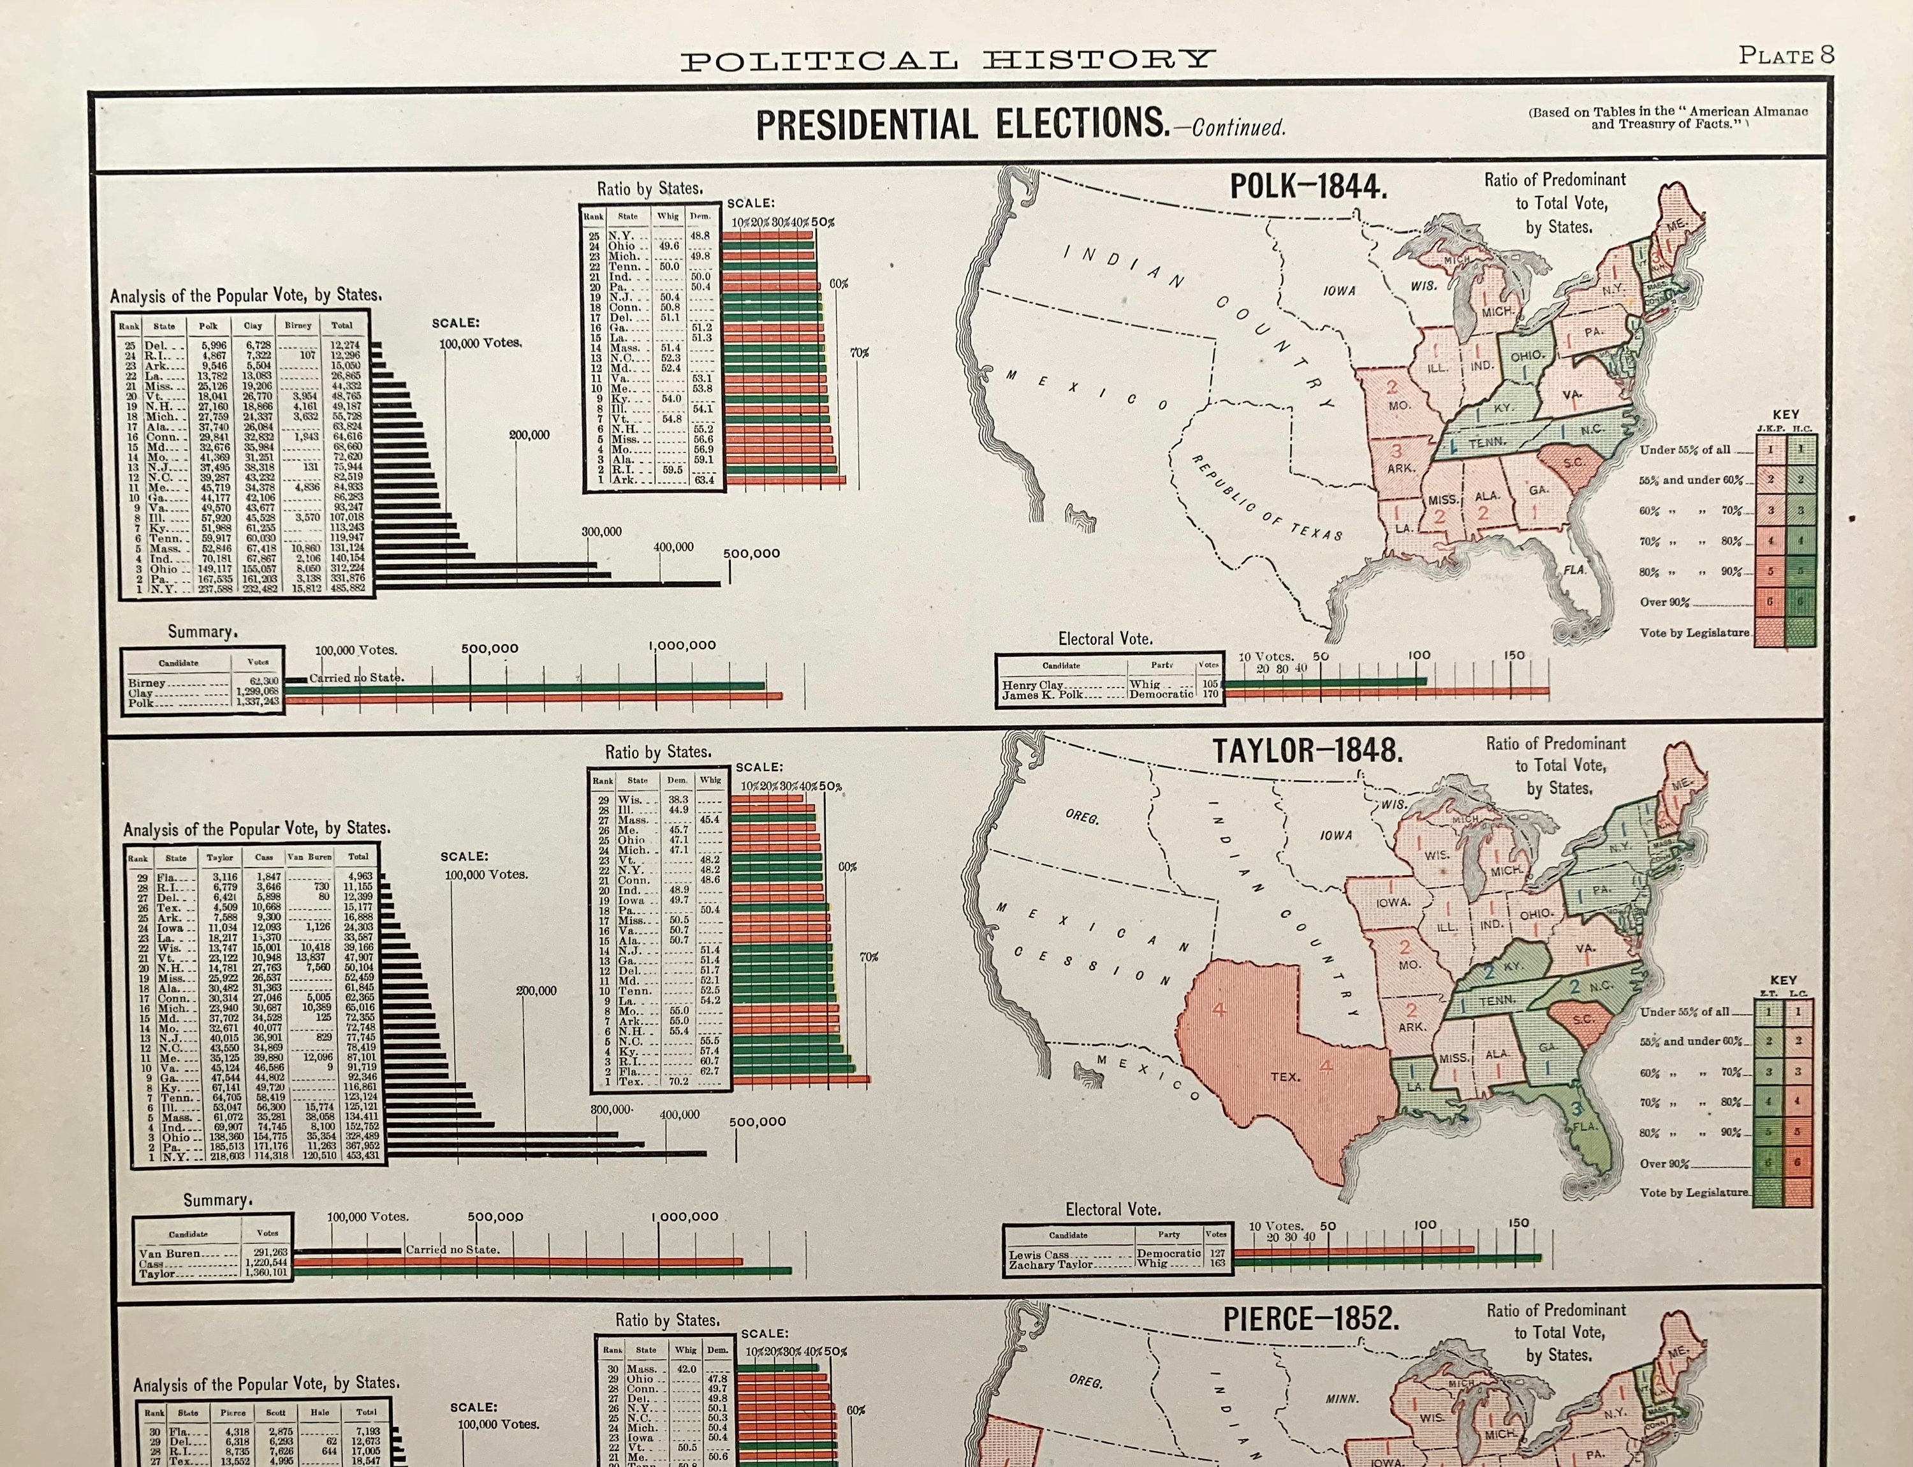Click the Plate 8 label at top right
click(x=1785, y=56)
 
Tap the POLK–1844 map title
click(x=1307, y=186)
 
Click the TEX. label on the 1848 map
click(x=1284, y=1077)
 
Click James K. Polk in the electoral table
click(x=1043, y=695)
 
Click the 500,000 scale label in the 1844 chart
click(x=752, y=554)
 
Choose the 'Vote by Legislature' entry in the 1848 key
click(x=1693, y=1192)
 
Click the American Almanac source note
click(x=1667, y=118)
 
